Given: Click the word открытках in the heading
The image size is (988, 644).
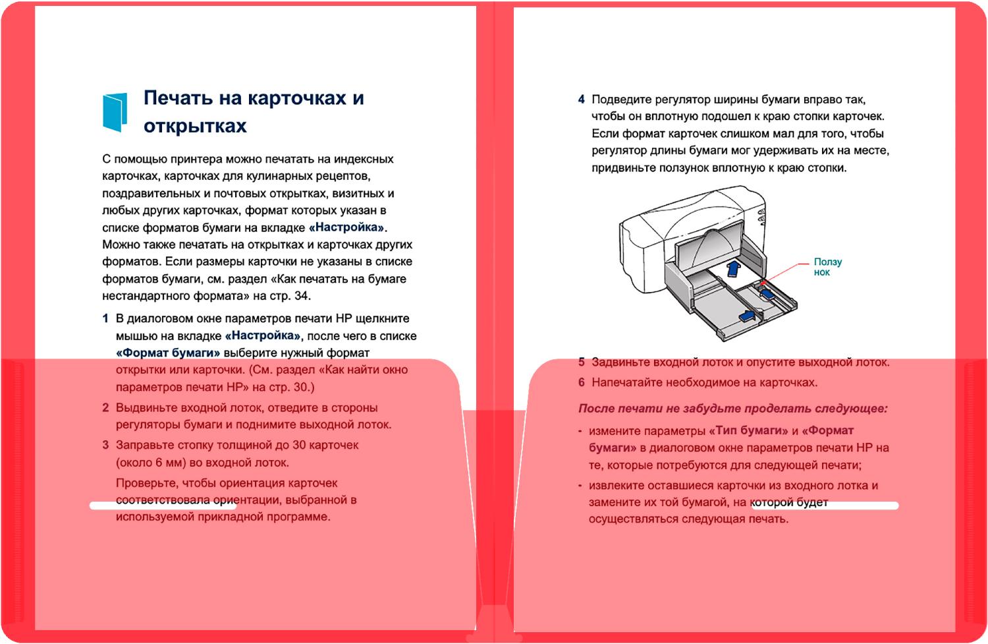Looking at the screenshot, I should tap(195, 126).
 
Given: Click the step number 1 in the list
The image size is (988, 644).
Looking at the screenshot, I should tap(105, 318).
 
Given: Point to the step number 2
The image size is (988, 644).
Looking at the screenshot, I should tap(105, 407).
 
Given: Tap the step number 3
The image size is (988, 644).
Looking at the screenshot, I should tap(105, 445).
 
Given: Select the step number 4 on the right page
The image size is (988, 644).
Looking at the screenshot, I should tap(581, 100).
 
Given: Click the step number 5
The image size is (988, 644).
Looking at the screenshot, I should tap(581, 362).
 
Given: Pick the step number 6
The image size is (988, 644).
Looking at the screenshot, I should tap(581, 382).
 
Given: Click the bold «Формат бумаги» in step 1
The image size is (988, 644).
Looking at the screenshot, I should tap(168, 353).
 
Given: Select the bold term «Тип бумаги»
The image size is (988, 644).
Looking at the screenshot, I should tap(748, 430).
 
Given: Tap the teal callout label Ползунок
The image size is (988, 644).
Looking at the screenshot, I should tap(827, 267).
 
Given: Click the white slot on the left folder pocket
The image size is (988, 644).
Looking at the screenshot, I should tap(163, 506).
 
